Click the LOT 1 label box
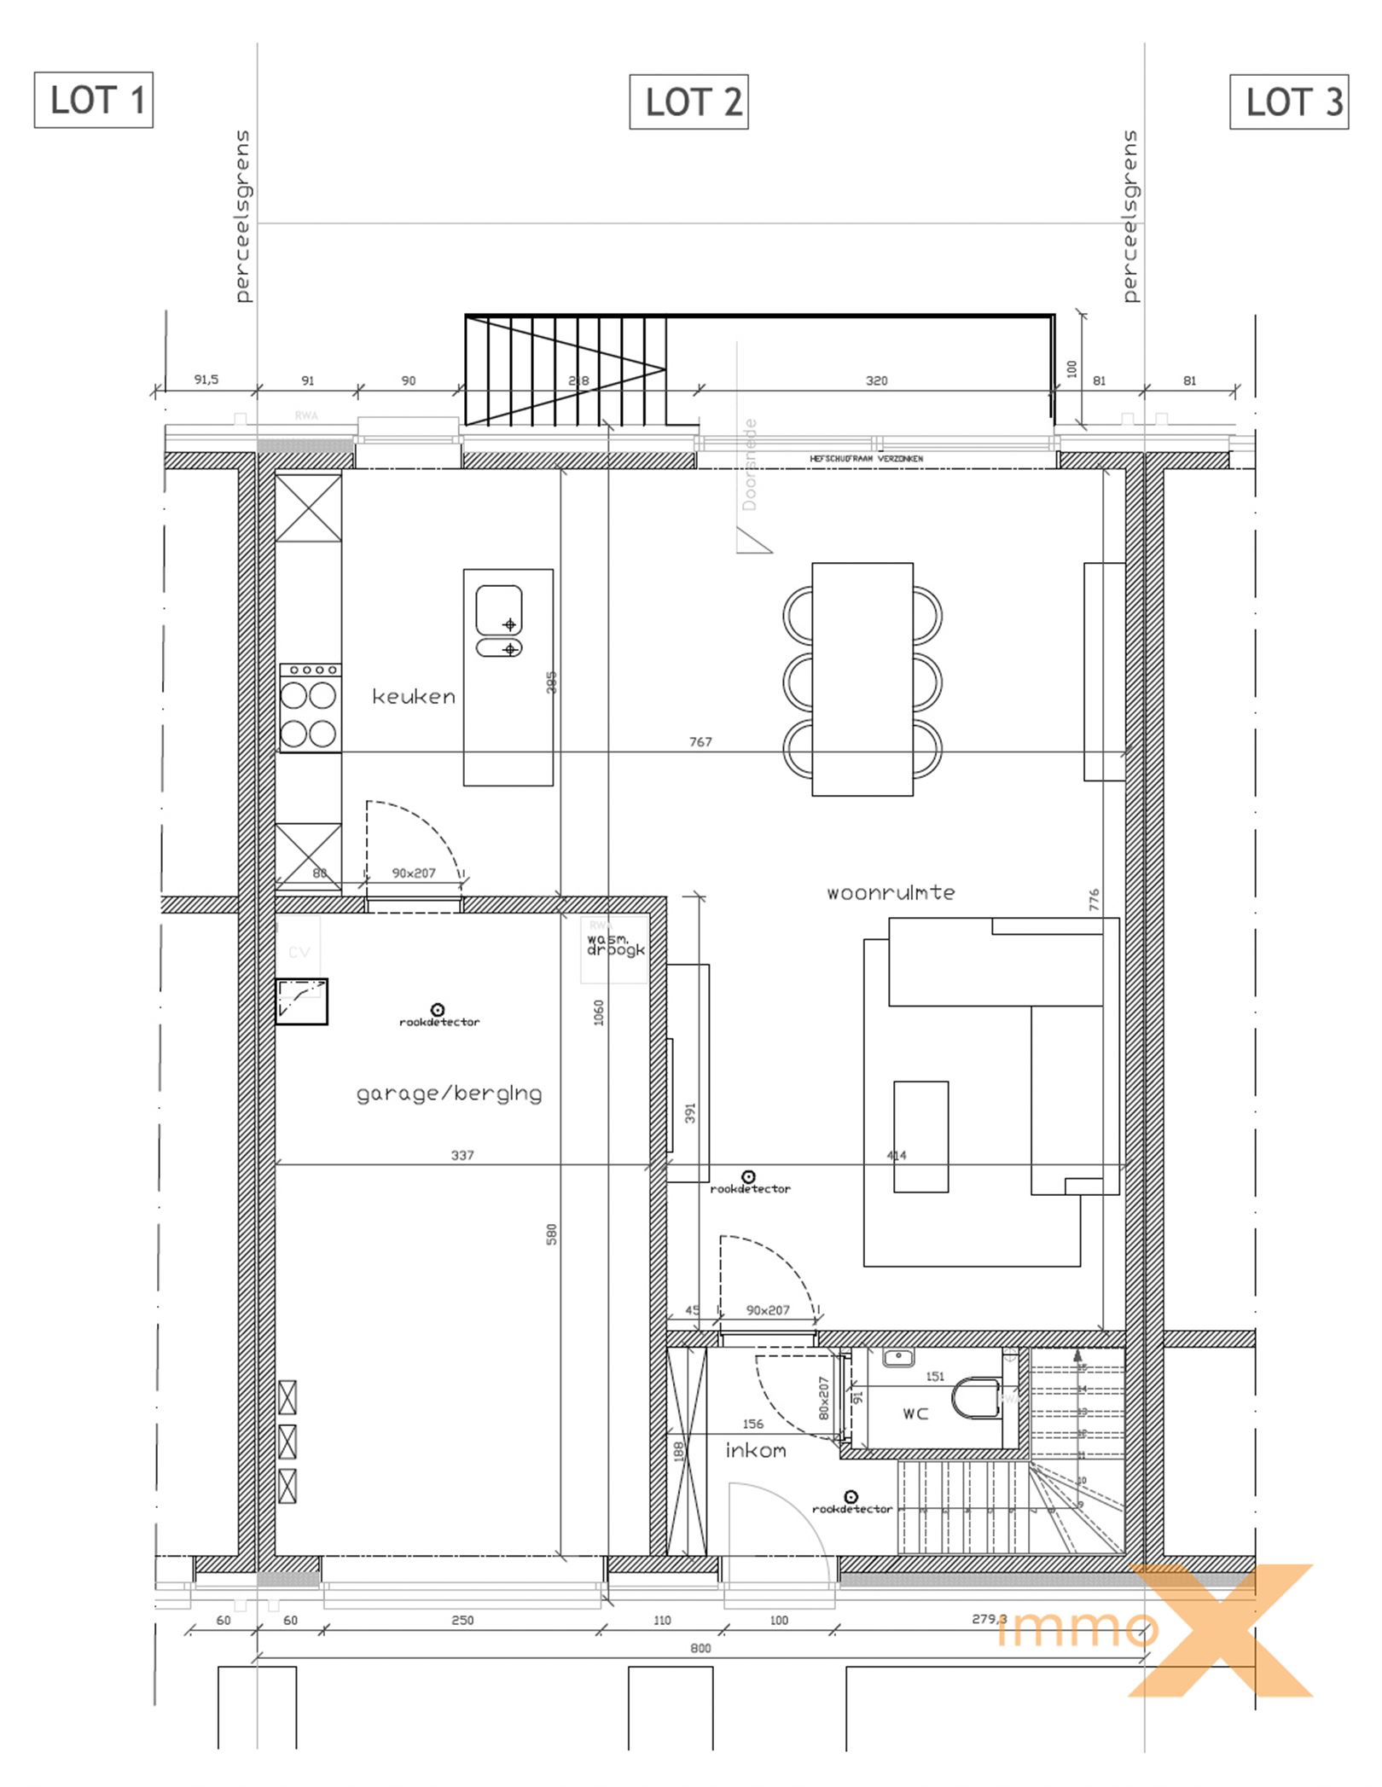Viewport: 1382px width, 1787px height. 93,100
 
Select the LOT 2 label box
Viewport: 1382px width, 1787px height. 688,102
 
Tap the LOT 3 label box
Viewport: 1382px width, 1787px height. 1288,102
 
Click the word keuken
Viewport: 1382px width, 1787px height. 414,697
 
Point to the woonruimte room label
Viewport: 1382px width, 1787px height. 890,893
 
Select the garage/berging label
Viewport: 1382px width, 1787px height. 449,1094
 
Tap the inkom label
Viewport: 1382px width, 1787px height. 755,1451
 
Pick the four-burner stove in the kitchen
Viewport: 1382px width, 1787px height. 310,708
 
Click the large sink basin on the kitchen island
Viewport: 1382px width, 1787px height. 499,610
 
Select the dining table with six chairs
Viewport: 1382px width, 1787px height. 862,679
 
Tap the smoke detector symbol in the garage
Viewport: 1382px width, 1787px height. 438,1011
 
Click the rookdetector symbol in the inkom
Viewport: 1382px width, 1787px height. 851,1497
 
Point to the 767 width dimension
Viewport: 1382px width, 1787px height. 700,742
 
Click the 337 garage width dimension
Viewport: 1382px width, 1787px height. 462,1155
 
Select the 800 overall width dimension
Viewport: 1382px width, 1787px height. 700,1648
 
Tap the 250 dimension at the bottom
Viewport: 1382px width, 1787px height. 462,1620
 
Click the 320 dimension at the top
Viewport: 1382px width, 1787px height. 877,380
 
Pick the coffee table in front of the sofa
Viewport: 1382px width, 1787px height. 920,1136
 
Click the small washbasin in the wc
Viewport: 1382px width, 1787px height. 898,1357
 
